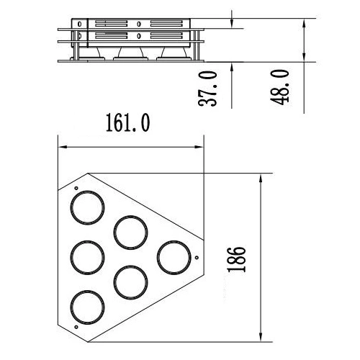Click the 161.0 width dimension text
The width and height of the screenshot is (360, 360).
pyautogui.click(x=128, y=122)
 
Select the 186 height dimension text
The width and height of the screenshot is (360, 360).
pyautogui.click(x=237, y=259)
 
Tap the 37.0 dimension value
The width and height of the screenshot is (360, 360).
pyautogui.click(x=207, y=89)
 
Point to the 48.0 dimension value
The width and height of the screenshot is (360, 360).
pyautogui.click(x=279, y=87)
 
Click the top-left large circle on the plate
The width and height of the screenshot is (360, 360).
pyautogui.click(x=87, y=192)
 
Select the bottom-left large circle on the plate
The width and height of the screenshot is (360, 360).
pyautogui.click(x=87, y=291)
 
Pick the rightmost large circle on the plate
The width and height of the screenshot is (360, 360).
pyautogui.click(x=174, y=241)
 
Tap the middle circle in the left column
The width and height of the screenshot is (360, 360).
pyautogui.click(x=87, y=241)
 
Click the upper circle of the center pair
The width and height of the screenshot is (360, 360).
pyautogui.click(x=130, y=216)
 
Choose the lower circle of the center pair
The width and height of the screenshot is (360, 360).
pyautogui.click(x=130, y=266)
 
